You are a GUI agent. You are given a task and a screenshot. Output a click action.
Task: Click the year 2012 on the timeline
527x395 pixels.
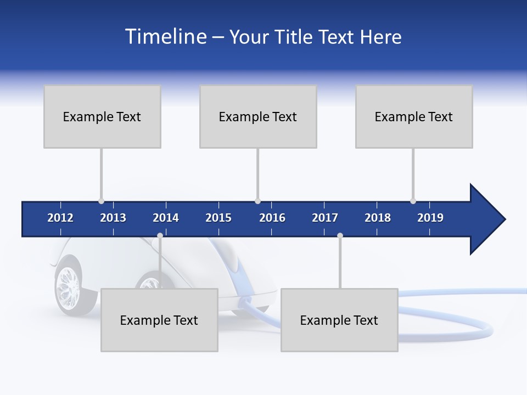[x=60, y=218]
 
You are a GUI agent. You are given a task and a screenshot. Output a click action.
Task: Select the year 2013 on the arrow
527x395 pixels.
[x=113, y=218]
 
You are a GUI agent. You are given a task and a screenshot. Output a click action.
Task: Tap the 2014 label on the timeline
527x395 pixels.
[x=166, y=218]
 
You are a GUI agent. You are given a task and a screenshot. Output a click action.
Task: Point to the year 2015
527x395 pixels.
[x=218, y=218]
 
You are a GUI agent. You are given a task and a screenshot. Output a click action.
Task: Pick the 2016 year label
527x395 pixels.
[x=272, y=218]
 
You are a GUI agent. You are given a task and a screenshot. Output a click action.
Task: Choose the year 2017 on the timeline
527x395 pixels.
[x=325, y=218]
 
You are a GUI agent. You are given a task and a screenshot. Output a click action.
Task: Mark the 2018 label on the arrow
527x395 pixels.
[x=378, y=218]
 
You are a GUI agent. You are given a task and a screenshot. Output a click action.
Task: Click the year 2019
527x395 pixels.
[x=430, y=218]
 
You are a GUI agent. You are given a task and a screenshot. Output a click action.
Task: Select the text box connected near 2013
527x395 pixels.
[x=102, y=116]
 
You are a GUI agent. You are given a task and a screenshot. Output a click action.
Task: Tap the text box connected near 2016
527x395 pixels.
[x=258, y=116]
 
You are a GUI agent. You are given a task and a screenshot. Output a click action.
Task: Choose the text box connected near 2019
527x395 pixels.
[x=414, y=116]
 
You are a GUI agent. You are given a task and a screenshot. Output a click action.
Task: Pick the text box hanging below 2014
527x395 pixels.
[x=159, y=320]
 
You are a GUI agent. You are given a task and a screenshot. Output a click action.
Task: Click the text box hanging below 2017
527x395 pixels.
[x=339, y=320]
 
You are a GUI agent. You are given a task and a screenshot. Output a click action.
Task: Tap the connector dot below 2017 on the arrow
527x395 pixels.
[x=340, y=235]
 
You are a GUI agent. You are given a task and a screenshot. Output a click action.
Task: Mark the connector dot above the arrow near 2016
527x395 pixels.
[x=258, y=201]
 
